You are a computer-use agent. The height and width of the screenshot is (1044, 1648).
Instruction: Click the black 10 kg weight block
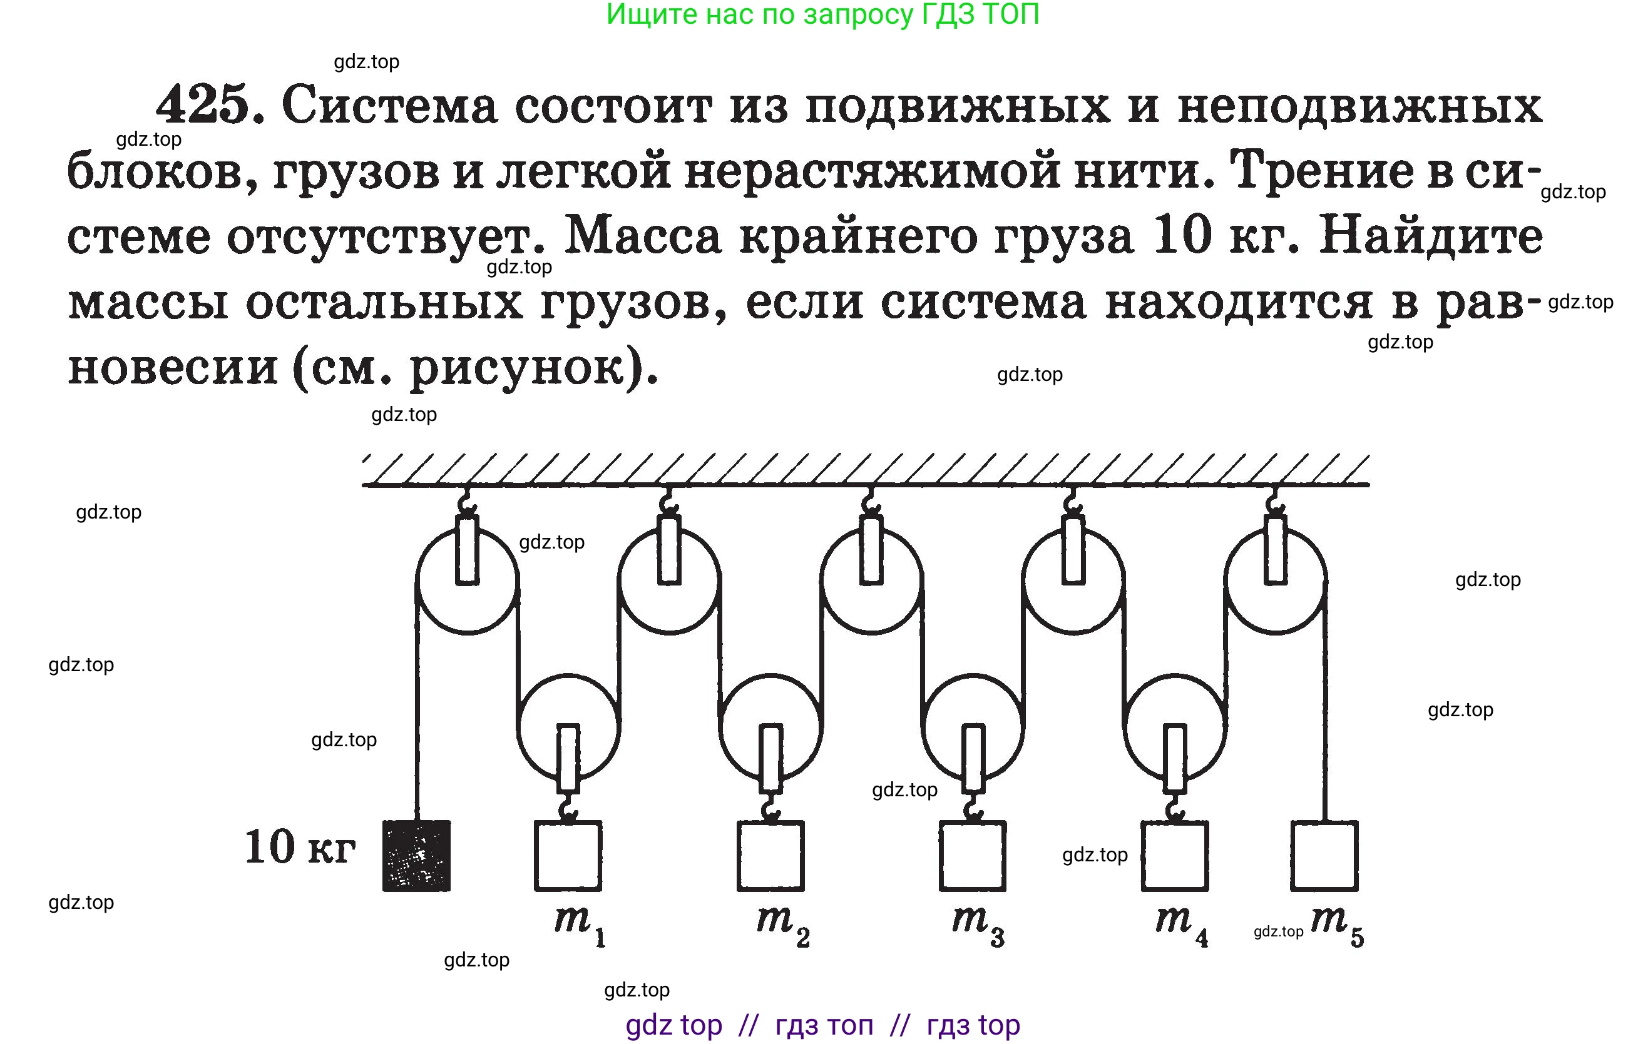(416, 855)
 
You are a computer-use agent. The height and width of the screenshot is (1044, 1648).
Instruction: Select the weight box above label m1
(567, 855)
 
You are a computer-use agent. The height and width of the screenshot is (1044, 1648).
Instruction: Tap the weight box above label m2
(770, 855)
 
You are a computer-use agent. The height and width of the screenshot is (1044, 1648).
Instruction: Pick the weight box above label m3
(972, 855)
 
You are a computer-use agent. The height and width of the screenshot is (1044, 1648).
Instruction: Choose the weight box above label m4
(1174, 855)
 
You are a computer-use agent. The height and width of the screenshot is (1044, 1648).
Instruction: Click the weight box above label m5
(1324, 855)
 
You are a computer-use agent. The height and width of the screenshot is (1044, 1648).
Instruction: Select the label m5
(1336, 924)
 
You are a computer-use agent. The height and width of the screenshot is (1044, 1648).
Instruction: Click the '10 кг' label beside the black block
(300, 848)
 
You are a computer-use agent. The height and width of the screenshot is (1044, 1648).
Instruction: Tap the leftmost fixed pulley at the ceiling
(467, 582)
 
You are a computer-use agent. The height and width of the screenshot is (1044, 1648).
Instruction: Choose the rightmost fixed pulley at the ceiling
(1275, 582)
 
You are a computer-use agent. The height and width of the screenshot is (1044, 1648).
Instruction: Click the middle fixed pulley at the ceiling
(871, 582)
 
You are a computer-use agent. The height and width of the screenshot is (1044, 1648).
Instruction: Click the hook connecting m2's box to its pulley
(770, 808)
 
